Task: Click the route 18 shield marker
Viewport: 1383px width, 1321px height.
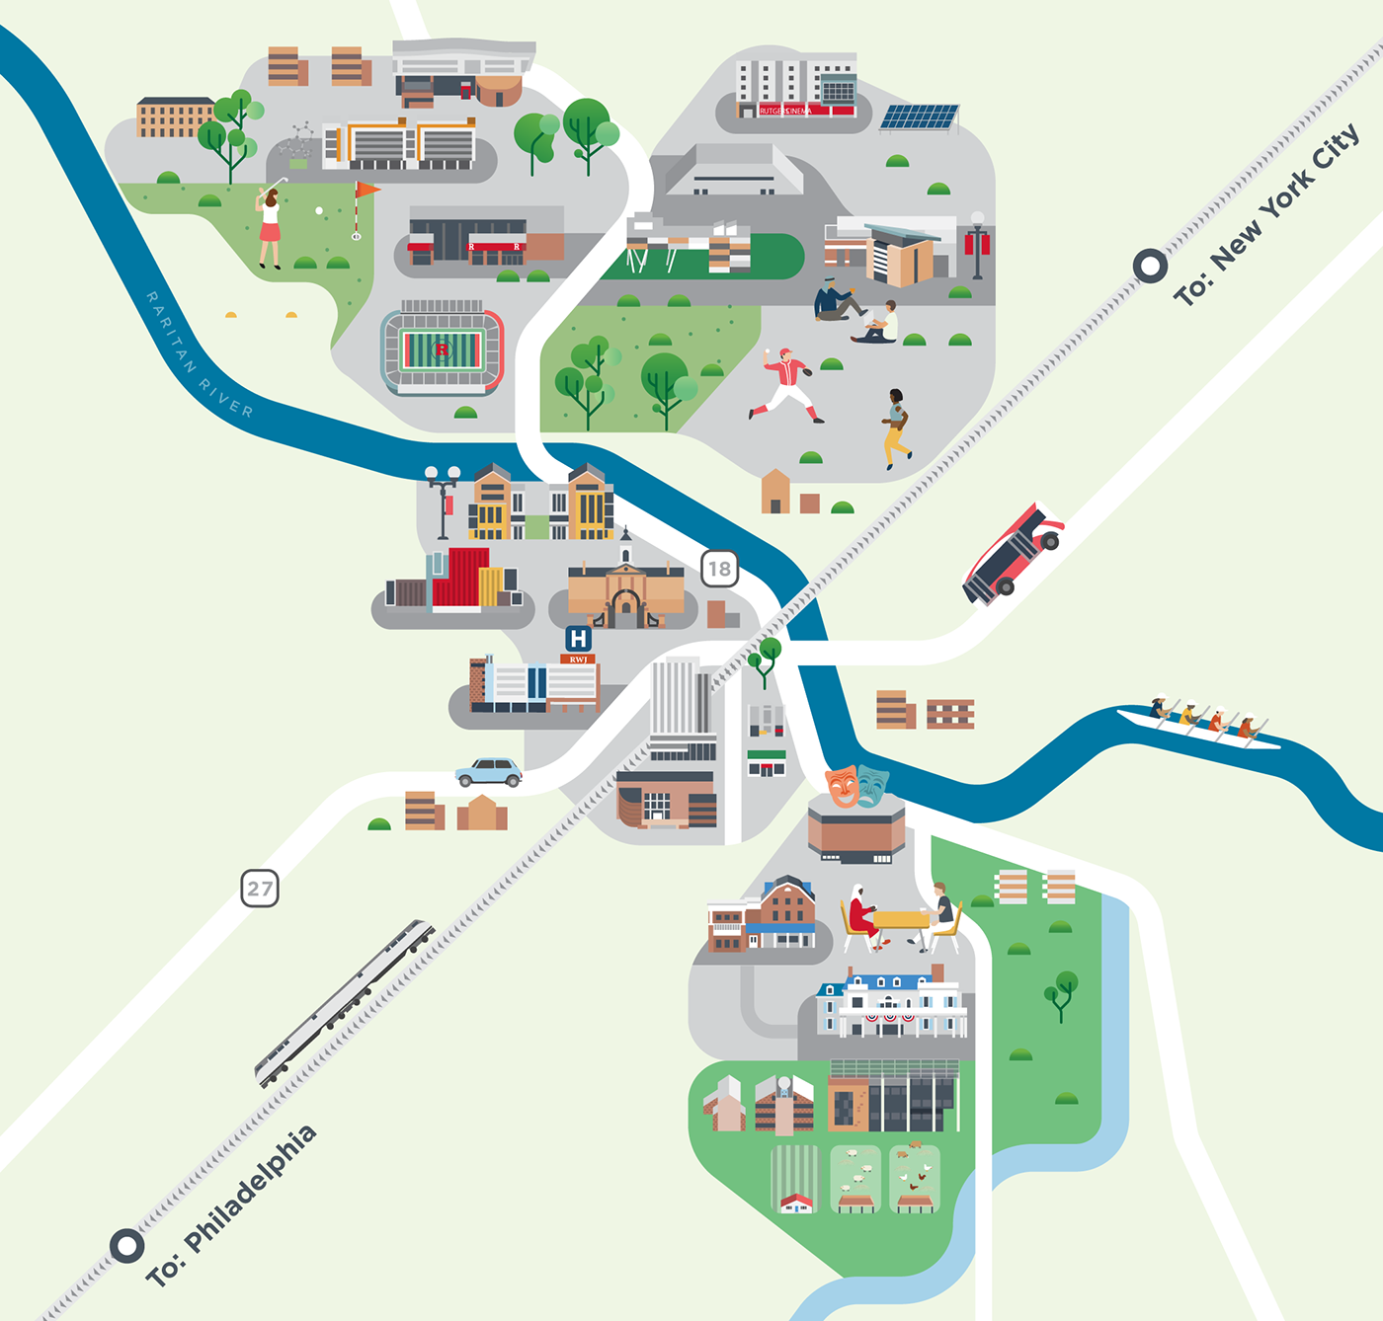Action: coord(719,569)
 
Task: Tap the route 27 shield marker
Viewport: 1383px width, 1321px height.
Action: coord(260,889)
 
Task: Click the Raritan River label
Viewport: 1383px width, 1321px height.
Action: coord(199,355)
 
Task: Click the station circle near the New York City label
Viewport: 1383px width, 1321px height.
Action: coord(1150,266)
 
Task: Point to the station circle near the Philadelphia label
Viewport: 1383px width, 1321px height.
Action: coord(126,1245)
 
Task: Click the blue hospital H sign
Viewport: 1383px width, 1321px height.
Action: coord(578,639)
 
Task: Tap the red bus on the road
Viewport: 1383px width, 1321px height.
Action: coord(1012,553)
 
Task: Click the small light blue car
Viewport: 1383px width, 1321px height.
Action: coord(489,772)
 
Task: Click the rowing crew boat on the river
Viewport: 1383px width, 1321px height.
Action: coord(1200,727)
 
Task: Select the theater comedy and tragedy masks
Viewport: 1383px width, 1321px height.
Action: coord(856,785)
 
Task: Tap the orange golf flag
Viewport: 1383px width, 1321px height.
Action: coord(366,189)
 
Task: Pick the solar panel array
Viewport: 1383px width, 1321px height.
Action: coord(919,117)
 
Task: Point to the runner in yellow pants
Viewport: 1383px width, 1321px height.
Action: coord(896,427)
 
